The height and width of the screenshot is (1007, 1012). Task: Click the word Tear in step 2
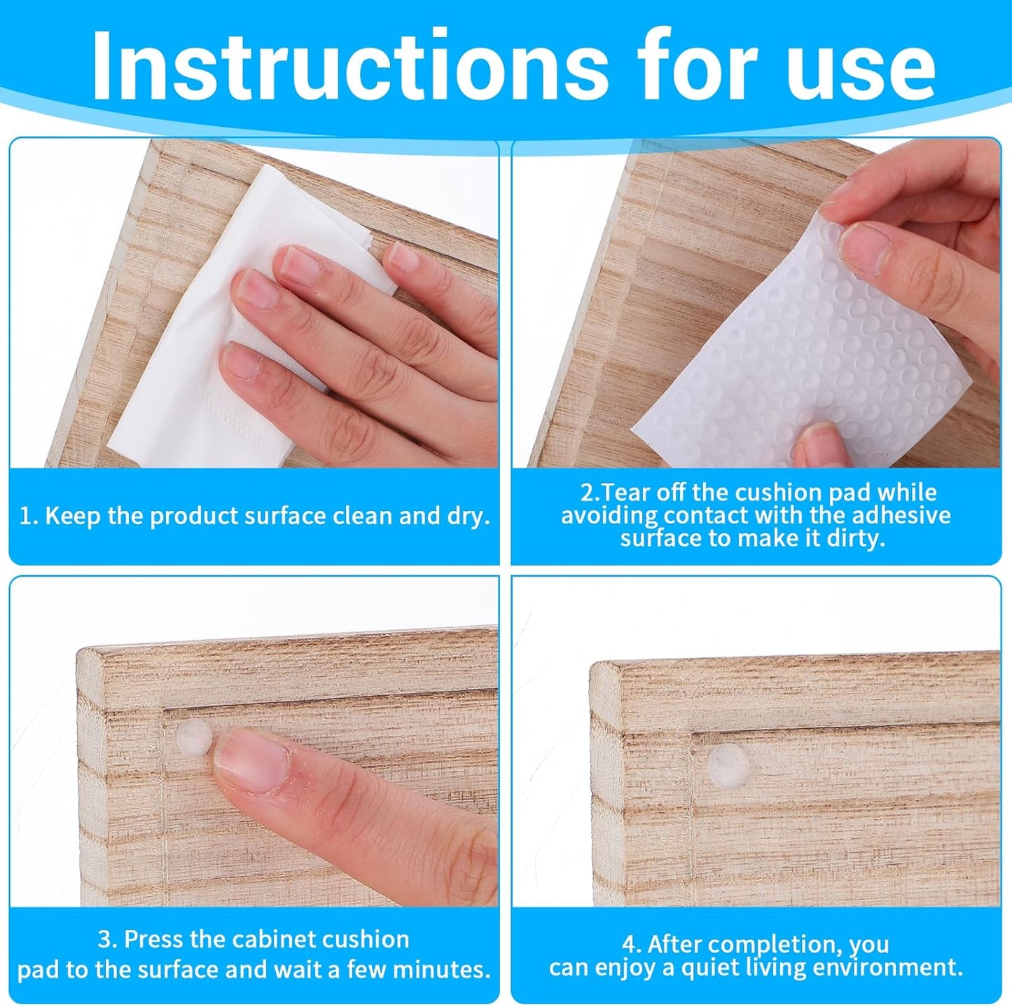625,493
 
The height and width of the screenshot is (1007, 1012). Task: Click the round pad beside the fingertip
195,737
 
